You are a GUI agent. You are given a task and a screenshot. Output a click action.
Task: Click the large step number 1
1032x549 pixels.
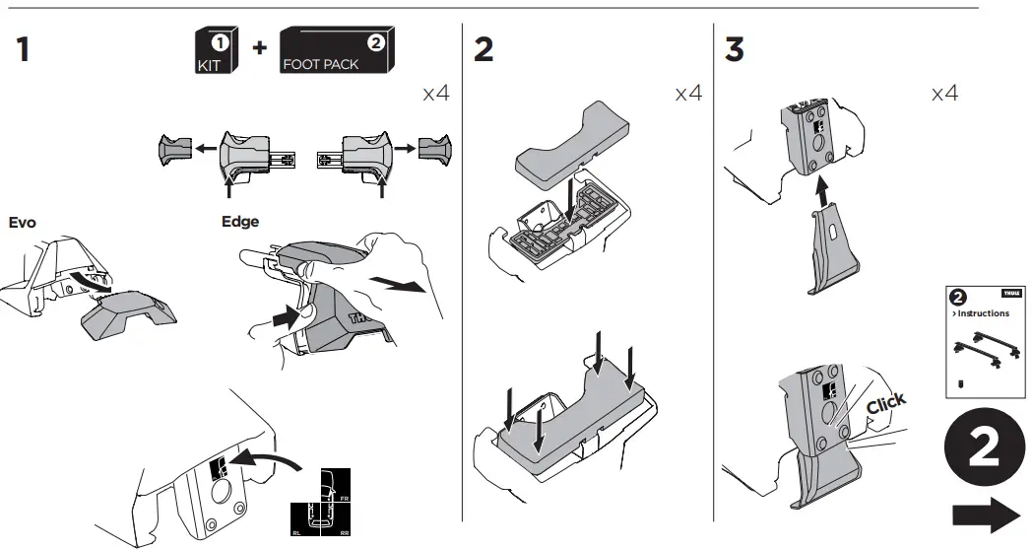point(23,50)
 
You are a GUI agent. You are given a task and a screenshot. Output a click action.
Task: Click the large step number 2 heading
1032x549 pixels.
point(484,50)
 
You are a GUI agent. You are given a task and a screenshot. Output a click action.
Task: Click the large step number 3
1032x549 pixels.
point(735,50)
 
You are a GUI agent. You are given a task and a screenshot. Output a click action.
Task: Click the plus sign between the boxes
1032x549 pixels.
point(260,49)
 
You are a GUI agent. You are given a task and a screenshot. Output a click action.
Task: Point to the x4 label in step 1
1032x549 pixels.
point(436,94)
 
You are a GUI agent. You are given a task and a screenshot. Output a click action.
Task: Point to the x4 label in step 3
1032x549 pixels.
point(944,94)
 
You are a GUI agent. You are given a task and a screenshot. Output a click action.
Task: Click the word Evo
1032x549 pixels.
point(22,223)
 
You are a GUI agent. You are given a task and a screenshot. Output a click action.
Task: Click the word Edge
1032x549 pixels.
point(240,222)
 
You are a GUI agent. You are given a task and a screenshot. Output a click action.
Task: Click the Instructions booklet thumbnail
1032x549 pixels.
point(985,341)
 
